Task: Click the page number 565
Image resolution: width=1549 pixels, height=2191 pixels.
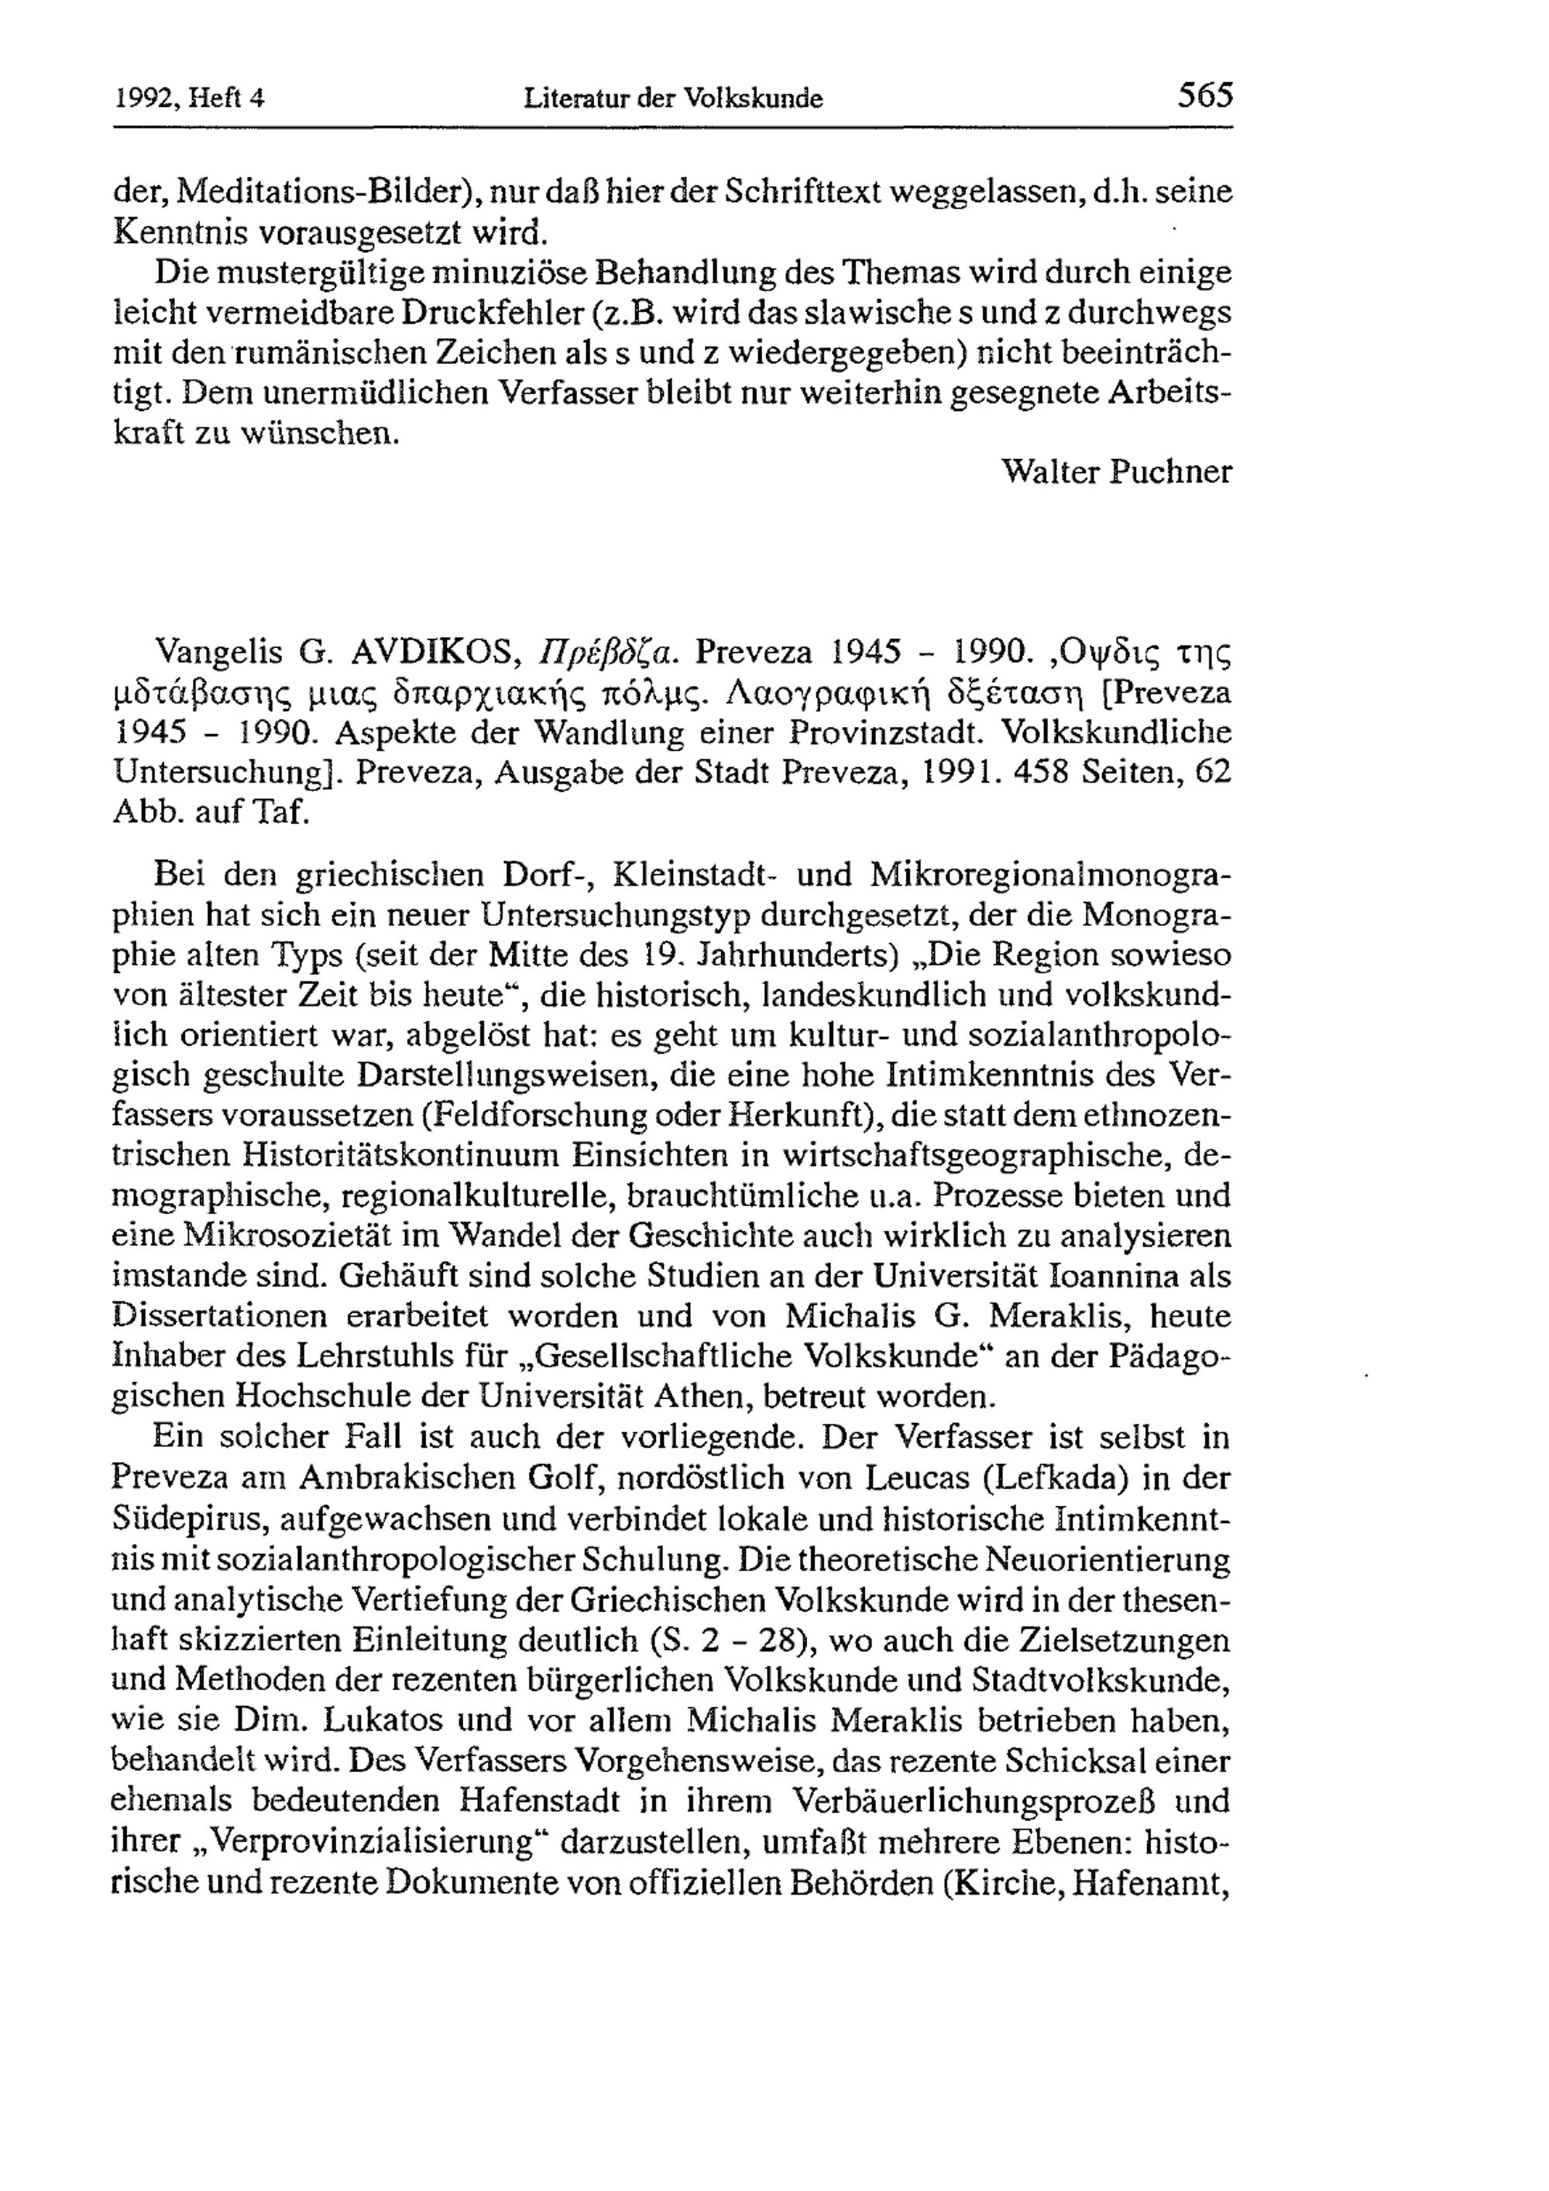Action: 1205,95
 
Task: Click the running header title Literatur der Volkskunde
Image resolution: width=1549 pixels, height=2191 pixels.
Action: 673,98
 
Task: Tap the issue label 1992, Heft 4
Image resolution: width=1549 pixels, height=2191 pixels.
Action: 189,98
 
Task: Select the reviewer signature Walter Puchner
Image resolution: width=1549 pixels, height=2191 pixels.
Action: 1117,471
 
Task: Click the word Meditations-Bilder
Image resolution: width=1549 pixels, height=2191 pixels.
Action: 325,192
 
